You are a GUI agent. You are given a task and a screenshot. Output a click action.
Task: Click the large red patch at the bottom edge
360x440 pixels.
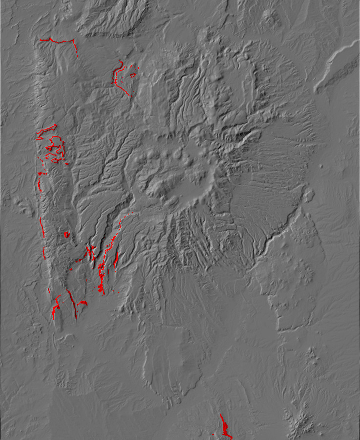click(225, 429)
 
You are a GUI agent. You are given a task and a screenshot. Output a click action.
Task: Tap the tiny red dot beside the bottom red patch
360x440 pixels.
click(213, 434)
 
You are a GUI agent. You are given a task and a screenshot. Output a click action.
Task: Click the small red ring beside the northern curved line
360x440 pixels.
click(133, 75)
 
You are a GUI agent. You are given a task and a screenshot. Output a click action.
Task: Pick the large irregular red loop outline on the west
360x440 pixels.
click(55, 147)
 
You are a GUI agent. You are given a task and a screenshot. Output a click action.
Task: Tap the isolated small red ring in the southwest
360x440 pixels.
click(66, 235)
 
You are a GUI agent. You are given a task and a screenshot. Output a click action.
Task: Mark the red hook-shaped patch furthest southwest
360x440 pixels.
click(55, 307)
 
